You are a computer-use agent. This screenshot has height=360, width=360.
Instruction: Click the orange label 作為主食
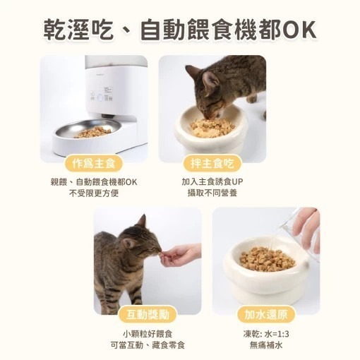click(x=94, y=163)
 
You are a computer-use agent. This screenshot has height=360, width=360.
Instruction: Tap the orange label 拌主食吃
click(x=212, y=163)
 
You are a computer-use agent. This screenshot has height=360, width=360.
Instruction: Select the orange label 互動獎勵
click(x=148, y=314)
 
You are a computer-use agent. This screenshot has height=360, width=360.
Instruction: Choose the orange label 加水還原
click(x=266, y=314)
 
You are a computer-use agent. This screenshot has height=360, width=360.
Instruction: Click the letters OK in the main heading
click(x=299, y=30)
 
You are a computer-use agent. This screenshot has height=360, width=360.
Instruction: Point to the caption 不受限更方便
click(x=94, y=193)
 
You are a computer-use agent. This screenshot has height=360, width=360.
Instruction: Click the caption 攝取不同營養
click(x=212, y=193)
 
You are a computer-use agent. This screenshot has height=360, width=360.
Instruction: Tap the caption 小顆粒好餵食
click(x=148, y=333)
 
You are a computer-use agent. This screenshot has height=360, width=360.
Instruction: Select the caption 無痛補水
click(x=266, y=344)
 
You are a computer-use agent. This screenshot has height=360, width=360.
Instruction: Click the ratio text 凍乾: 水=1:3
click(x=266, y=333)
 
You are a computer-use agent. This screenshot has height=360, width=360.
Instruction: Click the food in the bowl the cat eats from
click(x=211, y=127)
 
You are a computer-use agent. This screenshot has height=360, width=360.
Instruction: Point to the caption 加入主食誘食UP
click(x=212, y=181)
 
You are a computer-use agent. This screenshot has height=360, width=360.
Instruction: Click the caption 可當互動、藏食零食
click(x=148, y=344)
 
